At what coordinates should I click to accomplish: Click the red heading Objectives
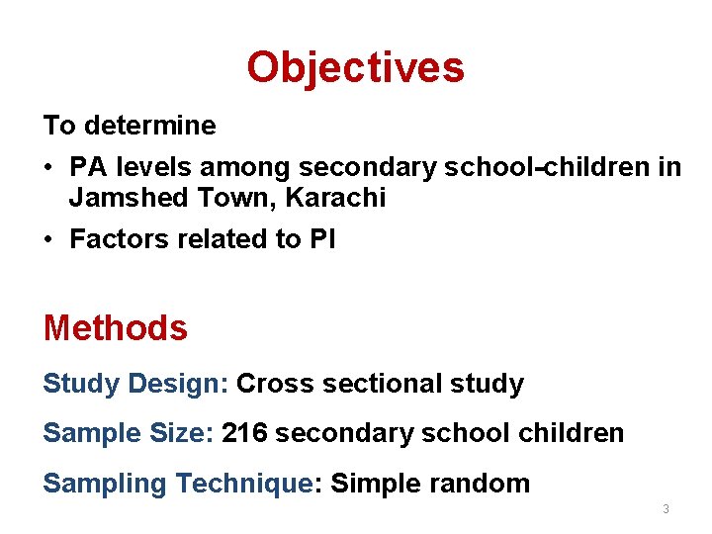[355, 67]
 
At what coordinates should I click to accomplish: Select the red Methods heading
[115, 327]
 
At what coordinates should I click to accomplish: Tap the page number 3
[666, 508]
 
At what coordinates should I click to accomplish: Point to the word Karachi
[335, 198]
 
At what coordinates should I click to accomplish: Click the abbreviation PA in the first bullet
[86, 167]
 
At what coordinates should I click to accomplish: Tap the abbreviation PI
[322, 239]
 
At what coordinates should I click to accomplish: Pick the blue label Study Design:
[135, 384]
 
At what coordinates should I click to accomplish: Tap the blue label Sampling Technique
[177, 484]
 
